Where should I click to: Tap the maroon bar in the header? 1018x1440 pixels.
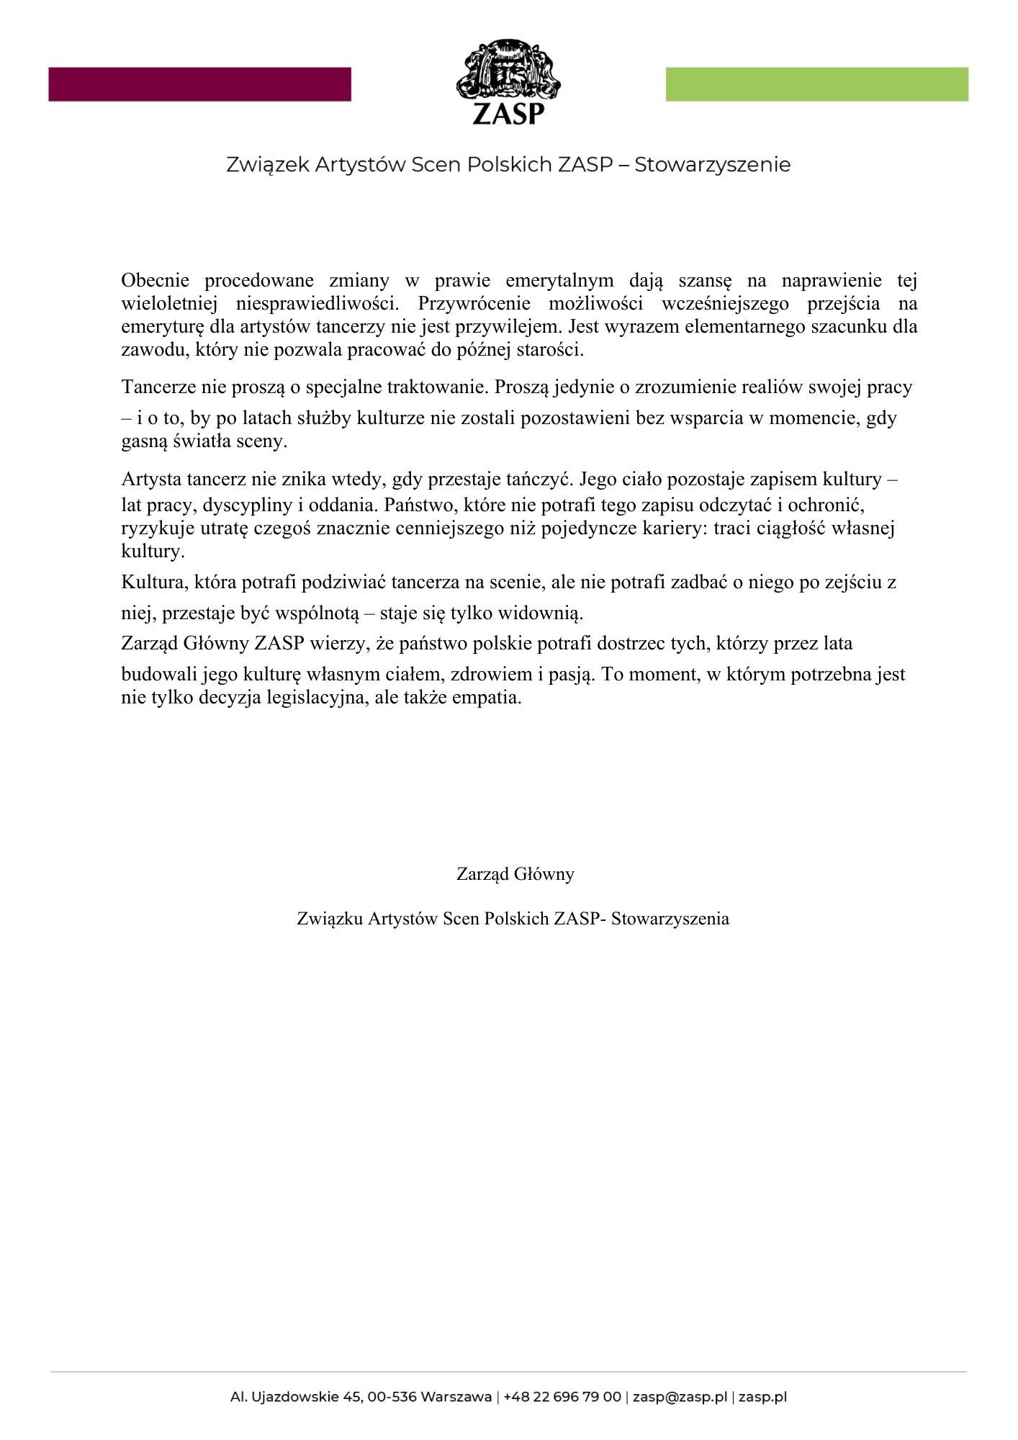[199, 84]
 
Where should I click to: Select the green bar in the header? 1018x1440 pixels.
[816, 84]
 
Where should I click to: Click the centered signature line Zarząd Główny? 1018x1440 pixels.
[515, 874]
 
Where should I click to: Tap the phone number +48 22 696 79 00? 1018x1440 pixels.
[562, 1398]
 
